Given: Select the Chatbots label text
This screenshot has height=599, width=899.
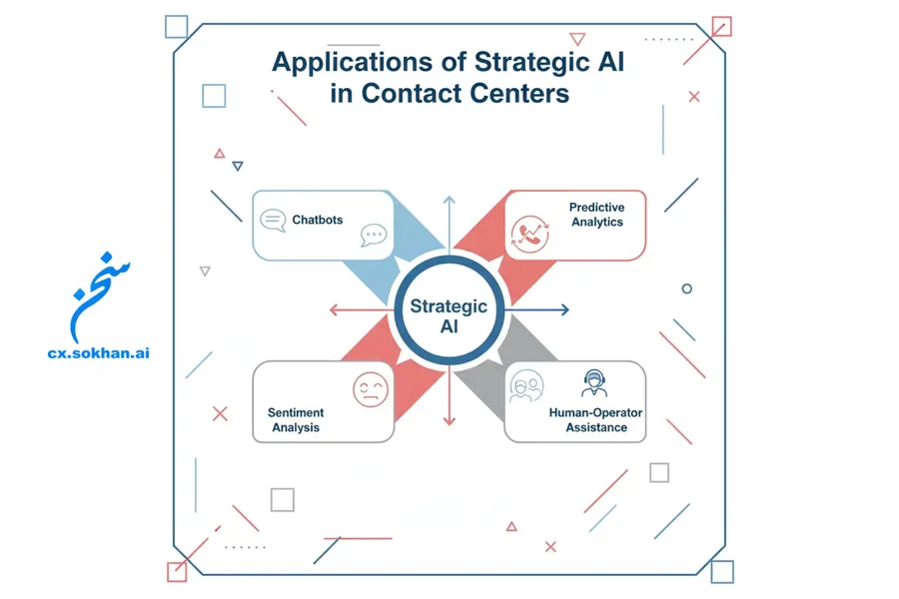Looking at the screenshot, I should click(x=318, y=220).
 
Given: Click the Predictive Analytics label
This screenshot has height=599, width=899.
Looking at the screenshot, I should click(x=597, y=215).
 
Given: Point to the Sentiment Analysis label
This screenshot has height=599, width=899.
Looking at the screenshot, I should click(x=296, y=419).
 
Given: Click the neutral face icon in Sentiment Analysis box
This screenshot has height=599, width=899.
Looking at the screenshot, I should click(x=370, y=388).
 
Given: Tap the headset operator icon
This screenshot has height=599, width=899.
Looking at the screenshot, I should click(x=594, y=383).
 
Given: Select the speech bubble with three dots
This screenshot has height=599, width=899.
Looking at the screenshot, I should click(x=374, y=236).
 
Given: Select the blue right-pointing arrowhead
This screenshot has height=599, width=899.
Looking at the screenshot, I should click(x=564, y=309).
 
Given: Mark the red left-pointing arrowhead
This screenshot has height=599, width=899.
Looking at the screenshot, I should click(x=334, y=309).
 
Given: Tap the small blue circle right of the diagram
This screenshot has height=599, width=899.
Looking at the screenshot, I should click(x=686, y=289).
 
